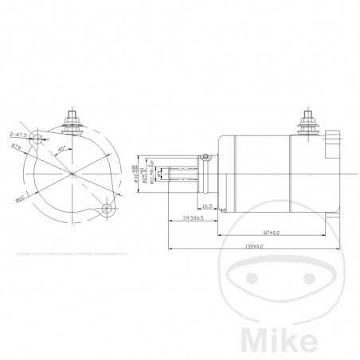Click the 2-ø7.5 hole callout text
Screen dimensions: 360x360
pyautogui.click(x=18, y=135)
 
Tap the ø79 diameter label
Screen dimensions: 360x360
pyautogui.click(x=16, y=147)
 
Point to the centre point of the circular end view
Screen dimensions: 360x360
pyautogui.click(x=72, y=173)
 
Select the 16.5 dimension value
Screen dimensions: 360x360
pyautogui.click(x=206, y=205)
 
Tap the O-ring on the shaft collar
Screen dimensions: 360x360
pyautogui.click(x=206, y=158)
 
